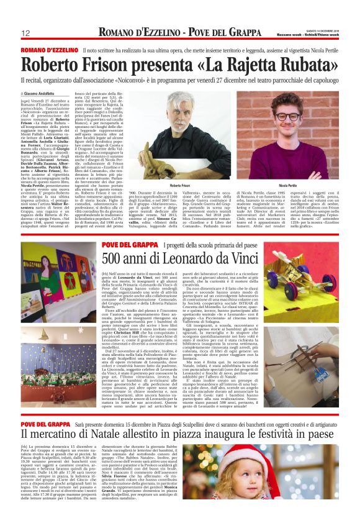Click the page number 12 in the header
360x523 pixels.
point(27,33)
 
